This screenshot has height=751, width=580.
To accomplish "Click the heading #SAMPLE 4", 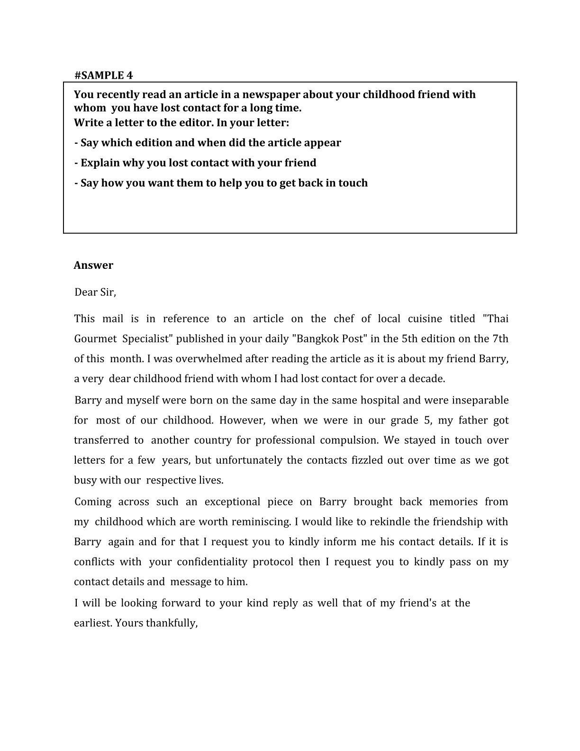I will pos(104,75).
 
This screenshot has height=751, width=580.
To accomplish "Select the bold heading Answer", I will pos(93,265).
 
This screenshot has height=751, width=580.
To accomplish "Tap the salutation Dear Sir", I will pos(95,292).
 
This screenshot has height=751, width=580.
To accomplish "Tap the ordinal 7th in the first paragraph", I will pos(499,339).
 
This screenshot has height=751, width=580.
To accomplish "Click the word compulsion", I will pos(349,440).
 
